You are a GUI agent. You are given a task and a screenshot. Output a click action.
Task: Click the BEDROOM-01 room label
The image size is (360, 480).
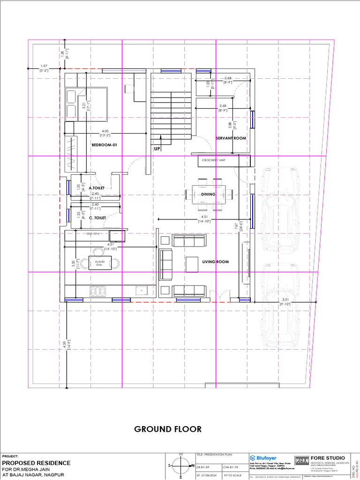click(x=104, y=145)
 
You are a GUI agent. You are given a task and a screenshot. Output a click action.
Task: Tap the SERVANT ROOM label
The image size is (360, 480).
click(x=231, y=138)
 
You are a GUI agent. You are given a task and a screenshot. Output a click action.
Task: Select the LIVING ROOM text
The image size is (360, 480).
click(x=215, y=262)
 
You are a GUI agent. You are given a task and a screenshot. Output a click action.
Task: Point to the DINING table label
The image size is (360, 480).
click(x=208, y=194)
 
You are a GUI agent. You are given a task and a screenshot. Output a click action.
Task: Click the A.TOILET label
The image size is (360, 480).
click(x=97, y=188)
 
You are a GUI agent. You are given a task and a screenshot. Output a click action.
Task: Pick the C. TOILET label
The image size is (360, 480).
click(x=97, y=217)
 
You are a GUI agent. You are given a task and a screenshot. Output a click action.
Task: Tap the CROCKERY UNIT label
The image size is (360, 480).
click(x=214, y=160)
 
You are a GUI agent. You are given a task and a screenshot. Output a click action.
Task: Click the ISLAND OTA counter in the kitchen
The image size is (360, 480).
click(x=99, y=263)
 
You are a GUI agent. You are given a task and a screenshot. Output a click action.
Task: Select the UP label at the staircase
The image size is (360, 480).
click(x=157, y=149)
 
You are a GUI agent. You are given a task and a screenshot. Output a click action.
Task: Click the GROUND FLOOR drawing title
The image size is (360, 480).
click(x=168, y=429)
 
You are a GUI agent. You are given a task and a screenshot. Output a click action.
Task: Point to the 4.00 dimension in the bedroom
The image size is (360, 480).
click(x=105, y=131)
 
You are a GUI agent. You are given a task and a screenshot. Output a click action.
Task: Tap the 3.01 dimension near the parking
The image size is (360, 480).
click(x=285, y=300)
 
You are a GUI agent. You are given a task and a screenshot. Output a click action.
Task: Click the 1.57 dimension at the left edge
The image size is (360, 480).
click(x=44, y=66)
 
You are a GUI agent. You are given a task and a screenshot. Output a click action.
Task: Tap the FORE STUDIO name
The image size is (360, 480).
click(x=328, y=457)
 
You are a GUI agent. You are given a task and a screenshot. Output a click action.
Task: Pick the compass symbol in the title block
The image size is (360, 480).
click(x=181, y=465)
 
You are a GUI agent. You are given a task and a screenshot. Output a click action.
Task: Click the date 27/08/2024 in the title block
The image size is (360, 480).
click(x=209, y=476)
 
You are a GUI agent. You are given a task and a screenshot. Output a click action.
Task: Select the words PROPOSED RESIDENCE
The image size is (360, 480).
click(x=37, y=463)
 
